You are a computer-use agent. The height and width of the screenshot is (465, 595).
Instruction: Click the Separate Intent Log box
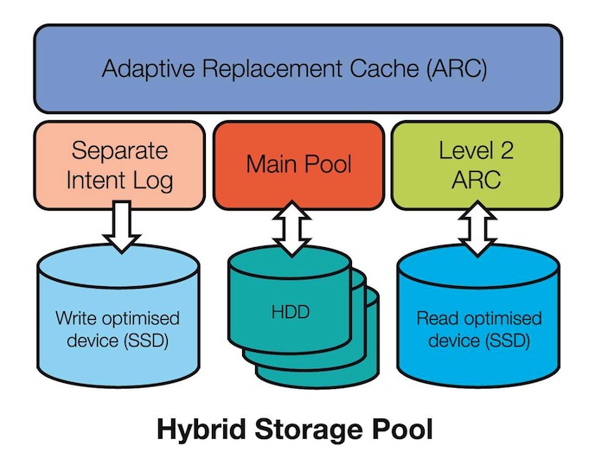122,165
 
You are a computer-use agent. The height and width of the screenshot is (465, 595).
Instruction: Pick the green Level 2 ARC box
476,165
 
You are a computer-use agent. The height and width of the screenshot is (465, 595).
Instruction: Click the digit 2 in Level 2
511,150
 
